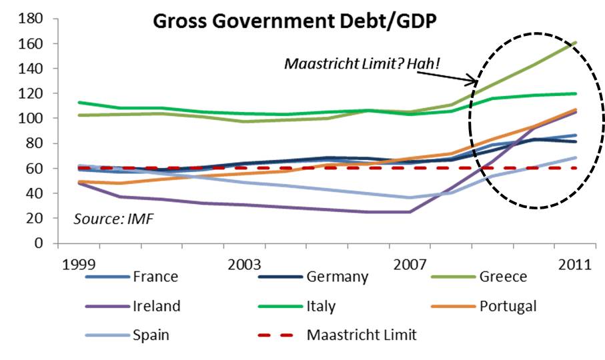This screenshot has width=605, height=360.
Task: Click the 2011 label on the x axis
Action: click(574, 264)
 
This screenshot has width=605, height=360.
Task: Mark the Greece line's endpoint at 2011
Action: click(576, 43)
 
